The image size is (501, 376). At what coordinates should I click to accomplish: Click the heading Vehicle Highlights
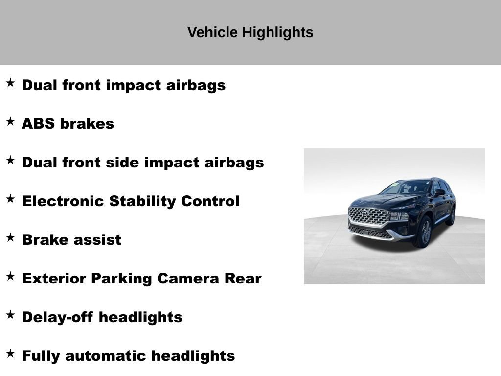250,33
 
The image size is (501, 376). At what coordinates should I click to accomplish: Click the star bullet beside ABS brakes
10,122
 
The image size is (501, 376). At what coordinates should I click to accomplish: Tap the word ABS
38,124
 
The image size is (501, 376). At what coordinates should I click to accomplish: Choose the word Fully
41,356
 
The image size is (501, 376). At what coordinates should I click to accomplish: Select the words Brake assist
71,240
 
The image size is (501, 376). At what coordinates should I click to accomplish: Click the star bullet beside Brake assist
10,238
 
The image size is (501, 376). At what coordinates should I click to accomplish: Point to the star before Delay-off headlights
10,315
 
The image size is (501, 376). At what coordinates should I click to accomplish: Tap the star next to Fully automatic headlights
10,354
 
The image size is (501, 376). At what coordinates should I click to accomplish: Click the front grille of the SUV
368,216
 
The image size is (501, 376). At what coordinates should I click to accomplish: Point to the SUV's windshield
406,187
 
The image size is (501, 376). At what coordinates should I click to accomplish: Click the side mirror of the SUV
439,192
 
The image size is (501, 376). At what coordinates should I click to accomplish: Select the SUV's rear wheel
451,215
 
